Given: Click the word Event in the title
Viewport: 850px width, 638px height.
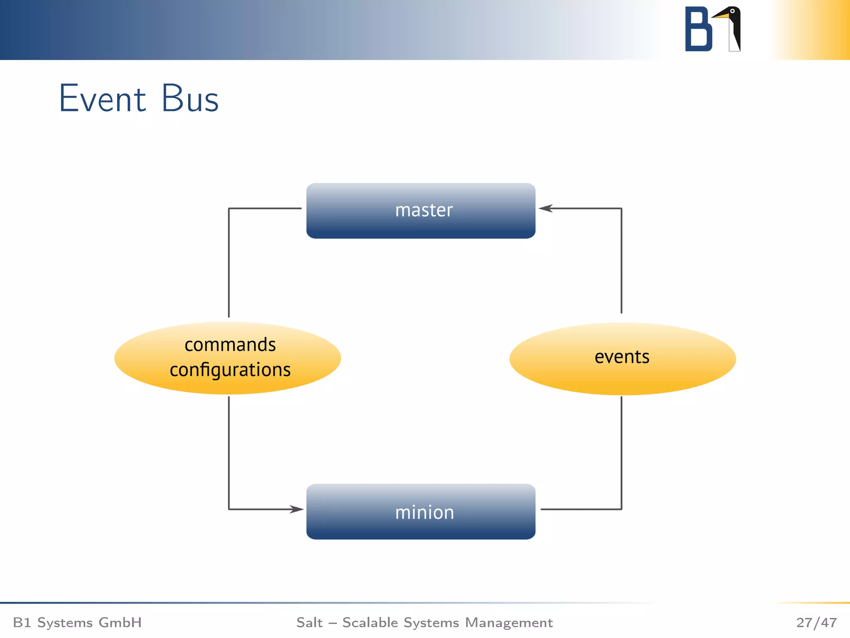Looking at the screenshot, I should tap(103, 99).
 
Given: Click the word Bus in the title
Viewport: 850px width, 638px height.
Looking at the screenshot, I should tap(190, 99).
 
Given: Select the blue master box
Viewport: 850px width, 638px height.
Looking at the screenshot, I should tap(420, 211).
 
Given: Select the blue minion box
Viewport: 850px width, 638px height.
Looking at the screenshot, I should tap(420, 512).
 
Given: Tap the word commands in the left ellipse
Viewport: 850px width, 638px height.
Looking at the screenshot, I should tap(230, 345).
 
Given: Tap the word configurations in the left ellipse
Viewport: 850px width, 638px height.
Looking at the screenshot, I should tap(230, 370).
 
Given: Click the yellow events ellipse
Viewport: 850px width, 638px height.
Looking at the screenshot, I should tap(622, 358).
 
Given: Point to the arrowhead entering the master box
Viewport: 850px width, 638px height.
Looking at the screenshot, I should tap(545, 209).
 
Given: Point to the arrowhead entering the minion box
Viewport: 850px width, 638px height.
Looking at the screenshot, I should tap(297, 509).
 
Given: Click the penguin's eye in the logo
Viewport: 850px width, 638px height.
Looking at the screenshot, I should tap(733, 11).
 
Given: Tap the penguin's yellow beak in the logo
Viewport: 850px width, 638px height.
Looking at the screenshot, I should tap(721, 16).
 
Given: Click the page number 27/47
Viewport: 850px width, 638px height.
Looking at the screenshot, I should tap(816, 623).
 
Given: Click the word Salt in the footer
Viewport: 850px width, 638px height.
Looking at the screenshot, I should tap(309, 623).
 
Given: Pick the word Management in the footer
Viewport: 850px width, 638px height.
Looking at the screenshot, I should tap(508, 623).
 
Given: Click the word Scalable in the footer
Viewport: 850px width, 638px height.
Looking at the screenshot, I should tap(370, 623).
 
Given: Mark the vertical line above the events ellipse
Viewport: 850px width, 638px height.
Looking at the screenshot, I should tap(621, 262).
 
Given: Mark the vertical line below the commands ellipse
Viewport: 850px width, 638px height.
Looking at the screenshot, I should tap(229, 453).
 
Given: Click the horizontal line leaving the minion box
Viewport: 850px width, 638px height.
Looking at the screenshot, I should tap(581, 509).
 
